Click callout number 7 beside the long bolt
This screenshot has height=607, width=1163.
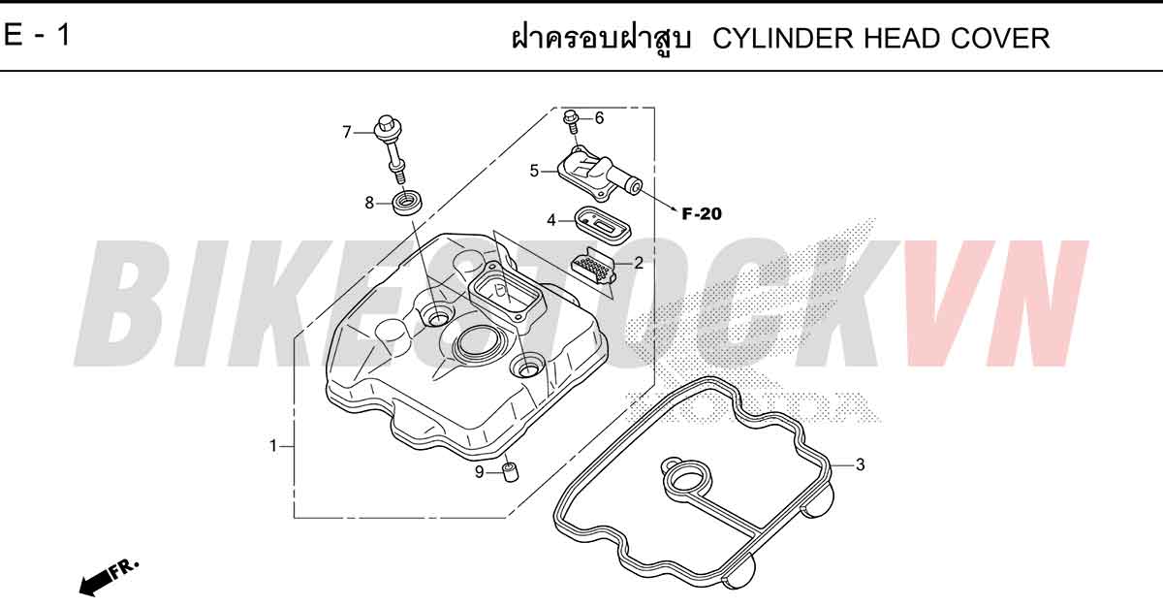[x=347, y=133]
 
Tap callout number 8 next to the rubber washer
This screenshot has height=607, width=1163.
[x=369, y=203]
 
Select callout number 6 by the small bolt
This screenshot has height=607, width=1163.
[x=599, y=118]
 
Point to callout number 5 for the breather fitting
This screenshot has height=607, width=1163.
[x=534, y=171]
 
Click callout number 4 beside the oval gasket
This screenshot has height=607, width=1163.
[x=551, y=221]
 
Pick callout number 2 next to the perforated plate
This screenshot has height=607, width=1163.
[x=639, y=263]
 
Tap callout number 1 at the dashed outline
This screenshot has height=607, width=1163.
[x=273, y=446]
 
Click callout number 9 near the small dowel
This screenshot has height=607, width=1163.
[x=479, y=472]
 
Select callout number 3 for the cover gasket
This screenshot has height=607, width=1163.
[x=860, y=464]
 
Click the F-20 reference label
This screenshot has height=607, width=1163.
[x=702, y=214]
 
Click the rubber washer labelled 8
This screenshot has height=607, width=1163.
[x=407, y=203]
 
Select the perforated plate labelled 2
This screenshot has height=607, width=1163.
[x=593, y=266]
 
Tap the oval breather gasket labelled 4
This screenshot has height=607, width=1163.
[x=602, y=225]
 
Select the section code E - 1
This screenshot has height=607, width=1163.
[x=37, y=35]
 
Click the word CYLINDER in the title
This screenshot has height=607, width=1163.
[x=782, y=39]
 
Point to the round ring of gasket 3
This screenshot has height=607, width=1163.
[x=689, y=480]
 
